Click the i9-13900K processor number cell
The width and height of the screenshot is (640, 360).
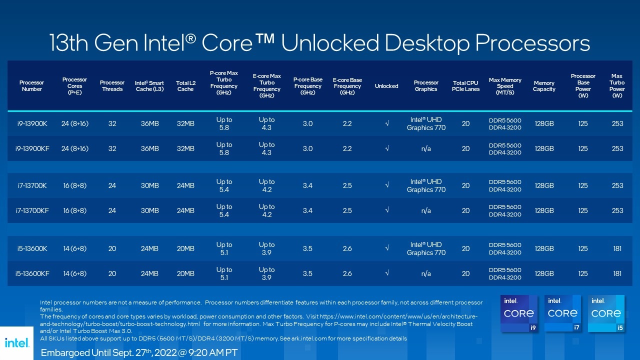pyautogui.click(x=31, y=123)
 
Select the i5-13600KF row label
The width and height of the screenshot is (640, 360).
pyautogui.click(x=32, y=273)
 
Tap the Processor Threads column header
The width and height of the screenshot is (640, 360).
pyautogui.click(x=112, y=86)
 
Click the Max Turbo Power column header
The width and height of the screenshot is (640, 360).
pyautogui.click(x=617, y=86)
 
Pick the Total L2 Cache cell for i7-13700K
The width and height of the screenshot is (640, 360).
pyautogui.click(x=185, y=185)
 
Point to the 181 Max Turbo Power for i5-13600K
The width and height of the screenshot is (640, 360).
pyautogui.click(x=617, y=248)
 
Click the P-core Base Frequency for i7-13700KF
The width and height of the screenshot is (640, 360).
pyautogui.click(x=307, y=210)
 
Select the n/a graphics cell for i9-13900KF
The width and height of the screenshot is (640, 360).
pyautogui.click(x=426, y=148)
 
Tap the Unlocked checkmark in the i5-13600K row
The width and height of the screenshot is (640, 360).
pyautogui.click(x=386, y=248)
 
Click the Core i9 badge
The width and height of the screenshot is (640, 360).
pyautogui.click(x=519, y=313)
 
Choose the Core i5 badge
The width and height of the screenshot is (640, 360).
pyautogui.click(x=606, y=313)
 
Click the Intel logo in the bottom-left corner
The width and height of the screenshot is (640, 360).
pyautogui.click(x=16, y=343)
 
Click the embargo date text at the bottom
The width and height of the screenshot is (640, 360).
pyautogui.click(x=139, y=352)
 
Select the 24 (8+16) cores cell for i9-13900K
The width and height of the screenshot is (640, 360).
pyautogui.click(x=75, y=123)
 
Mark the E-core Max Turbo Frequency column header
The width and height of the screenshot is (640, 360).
pyautogui.click(x=267, y=86)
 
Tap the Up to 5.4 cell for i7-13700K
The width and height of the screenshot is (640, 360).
pyautogui.click(x=224, y=185)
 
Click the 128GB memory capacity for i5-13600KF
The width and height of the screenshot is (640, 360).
pyautogui.click(x=544, y=273)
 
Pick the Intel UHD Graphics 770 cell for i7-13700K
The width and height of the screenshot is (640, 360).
pyautogui.click(x=426, y=185)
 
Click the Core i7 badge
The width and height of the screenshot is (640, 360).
pyautogui.click(x=562, y=313)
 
